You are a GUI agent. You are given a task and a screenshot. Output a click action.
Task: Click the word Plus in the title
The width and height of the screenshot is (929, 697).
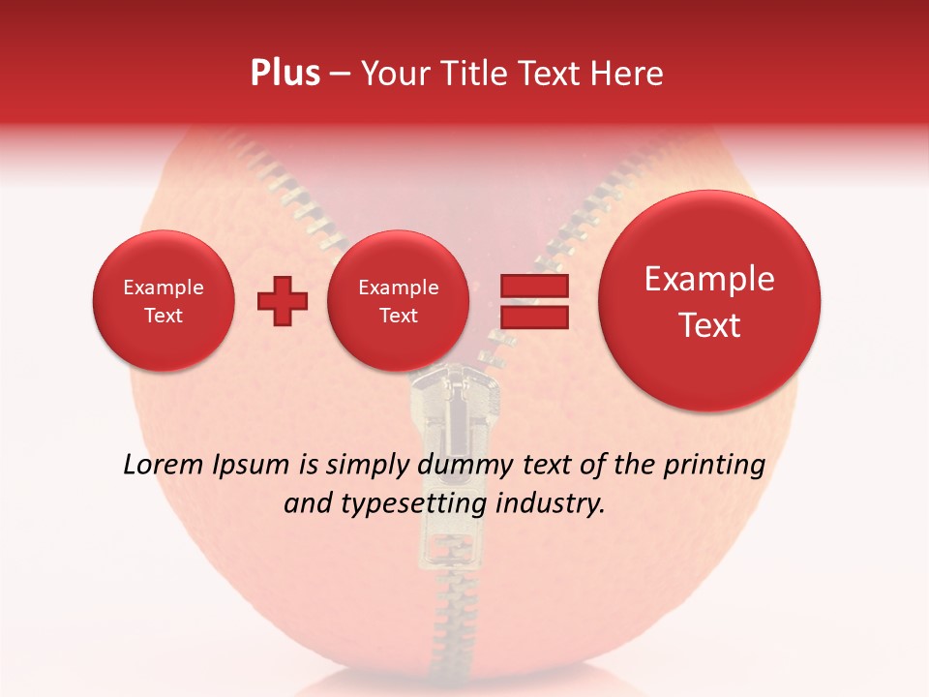pyautogui.click(x=285, y=74)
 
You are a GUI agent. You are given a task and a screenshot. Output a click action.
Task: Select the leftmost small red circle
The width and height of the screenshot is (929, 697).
pyautogui.click(x=163, y=301)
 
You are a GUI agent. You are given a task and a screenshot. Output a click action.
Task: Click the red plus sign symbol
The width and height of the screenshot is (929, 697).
pyautogui.click(x=283, y=301)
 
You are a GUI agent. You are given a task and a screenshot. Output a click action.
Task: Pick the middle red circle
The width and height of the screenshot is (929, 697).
pyautogui.click(x=398, y=301)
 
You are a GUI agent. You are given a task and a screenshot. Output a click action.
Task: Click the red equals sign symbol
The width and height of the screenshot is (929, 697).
pyautogui.click(x=534, y=301)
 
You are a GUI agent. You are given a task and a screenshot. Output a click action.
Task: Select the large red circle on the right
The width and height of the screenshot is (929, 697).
pyautogui.click(x=709, y=301)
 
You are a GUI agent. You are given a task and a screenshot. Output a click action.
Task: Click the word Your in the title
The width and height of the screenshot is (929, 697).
pyautogui.click(x=395, y=74)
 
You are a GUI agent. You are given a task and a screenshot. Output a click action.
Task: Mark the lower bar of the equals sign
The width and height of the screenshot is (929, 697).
pyautogui.click(x=534, y=317)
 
